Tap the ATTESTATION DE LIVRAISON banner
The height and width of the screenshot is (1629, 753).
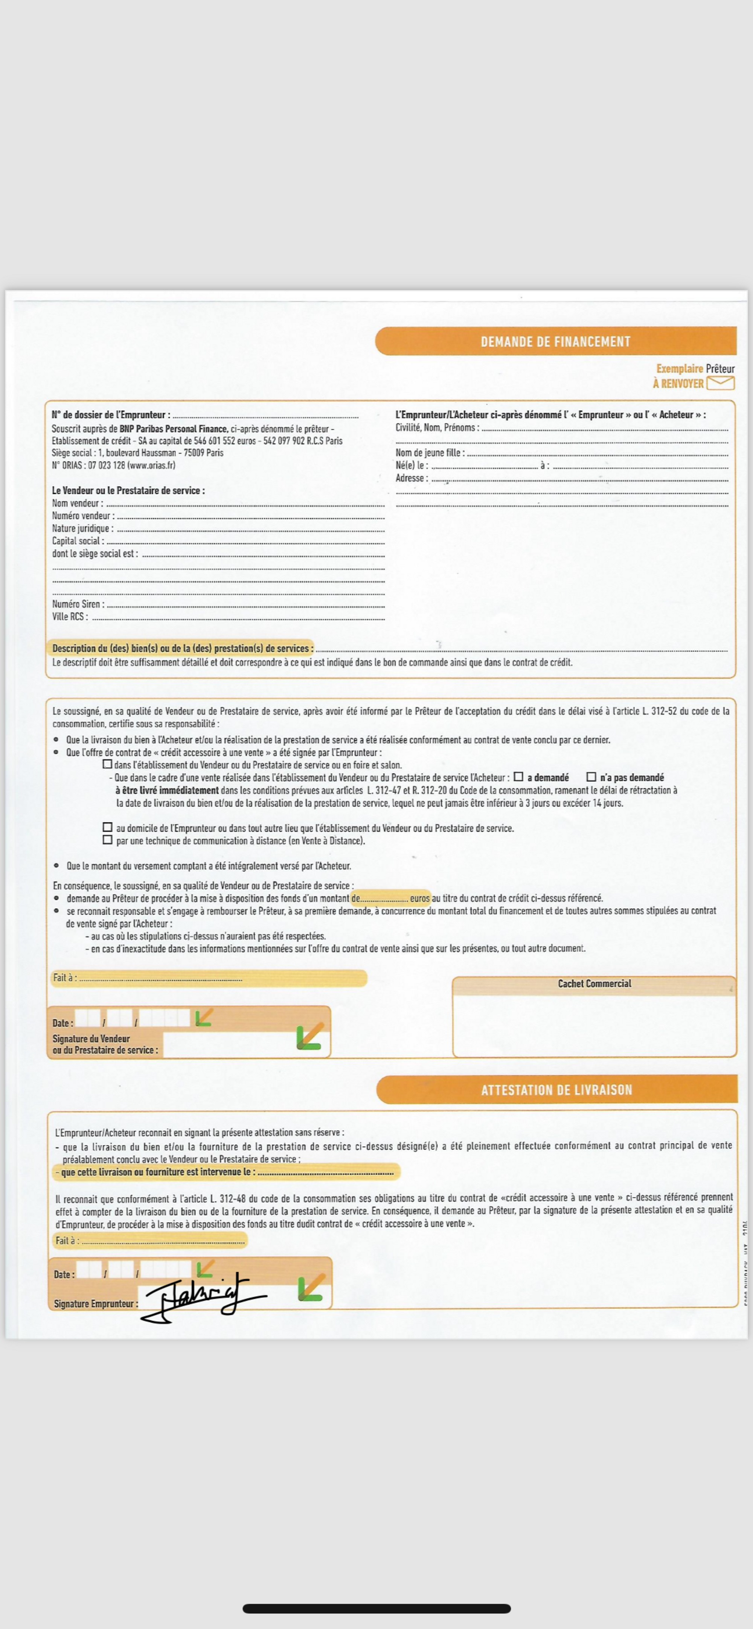pos(556,1090)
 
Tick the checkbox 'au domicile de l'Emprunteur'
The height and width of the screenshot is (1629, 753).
pos(108,827)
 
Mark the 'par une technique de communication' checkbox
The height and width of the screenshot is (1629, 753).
pos(108,840)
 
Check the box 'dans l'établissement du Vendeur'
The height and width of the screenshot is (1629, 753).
pos(108,764)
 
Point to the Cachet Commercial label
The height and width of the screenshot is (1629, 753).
pos(594,983)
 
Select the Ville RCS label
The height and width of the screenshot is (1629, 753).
pos(70,617)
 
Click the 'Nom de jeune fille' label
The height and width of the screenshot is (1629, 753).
pos(430,453)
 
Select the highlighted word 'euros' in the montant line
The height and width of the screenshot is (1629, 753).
pos(419,898)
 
